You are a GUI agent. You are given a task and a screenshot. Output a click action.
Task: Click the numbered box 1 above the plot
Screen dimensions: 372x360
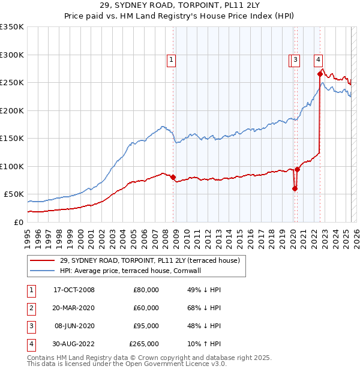172,59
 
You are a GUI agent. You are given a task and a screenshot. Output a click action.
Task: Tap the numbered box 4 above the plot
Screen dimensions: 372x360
318,59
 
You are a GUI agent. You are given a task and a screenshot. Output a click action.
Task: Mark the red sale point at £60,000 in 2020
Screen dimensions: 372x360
295,188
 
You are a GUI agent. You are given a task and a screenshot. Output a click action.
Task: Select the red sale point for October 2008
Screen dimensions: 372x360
173,177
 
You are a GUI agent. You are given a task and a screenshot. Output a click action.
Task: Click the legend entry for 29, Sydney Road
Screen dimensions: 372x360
150,260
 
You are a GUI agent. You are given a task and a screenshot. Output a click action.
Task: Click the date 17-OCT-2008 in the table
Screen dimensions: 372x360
74,290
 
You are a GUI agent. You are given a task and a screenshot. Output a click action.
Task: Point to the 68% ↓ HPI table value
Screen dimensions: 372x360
204,308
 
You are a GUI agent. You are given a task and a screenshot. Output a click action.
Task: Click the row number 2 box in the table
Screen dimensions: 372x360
29,308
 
